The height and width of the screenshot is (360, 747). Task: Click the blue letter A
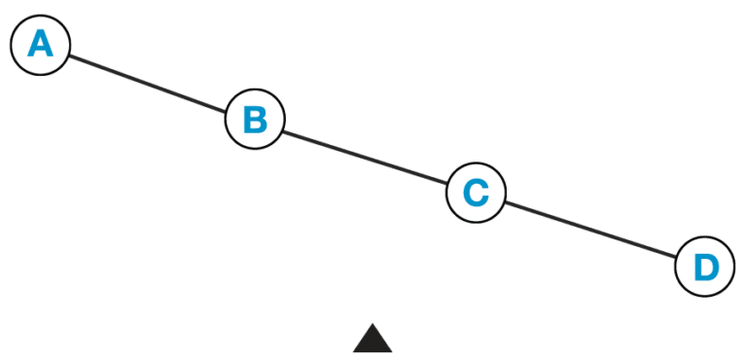pos(41,45)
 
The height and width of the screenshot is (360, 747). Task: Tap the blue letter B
pos(255,120)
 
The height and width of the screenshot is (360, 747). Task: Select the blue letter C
pos(476,193)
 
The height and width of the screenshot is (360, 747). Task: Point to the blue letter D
pos(704,266)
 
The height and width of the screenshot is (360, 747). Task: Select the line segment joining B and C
pos(365,157)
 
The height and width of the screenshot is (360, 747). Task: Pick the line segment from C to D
pos(589,230)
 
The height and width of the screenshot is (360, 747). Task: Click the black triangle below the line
pos(373,341)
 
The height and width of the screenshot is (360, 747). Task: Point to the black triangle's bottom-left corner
pos(352,351)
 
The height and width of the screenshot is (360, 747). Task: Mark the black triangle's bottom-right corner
pos(393,351)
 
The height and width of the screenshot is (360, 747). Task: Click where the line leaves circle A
pos(69,55)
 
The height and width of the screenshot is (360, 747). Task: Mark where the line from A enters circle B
pos(227,110)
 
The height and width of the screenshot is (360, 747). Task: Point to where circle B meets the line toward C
pos(283,129)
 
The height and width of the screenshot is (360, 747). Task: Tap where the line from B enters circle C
pos(447,184)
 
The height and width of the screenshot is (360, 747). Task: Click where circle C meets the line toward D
pos(504,202)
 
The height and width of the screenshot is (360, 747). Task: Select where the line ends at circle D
pos(676,257)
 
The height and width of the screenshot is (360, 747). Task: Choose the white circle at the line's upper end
pos(41,45)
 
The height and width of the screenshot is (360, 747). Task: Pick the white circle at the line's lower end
pos(704,266)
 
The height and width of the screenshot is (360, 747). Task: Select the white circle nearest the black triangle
pos(476,193)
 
